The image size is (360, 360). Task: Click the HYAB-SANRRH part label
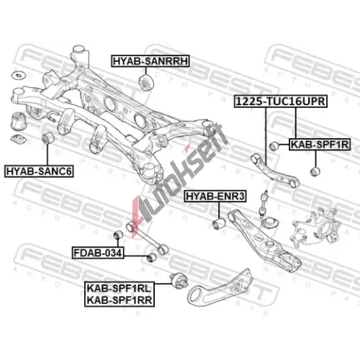[150, 61]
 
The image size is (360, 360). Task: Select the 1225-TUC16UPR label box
[281, 101]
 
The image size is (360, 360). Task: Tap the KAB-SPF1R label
[320, 145]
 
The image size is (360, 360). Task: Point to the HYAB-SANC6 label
[39, 171]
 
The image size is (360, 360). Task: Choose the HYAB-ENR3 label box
[215, 197]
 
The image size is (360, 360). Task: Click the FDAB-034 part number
[98, 253]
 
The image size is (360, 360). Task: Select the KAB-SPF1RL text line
[119, 288]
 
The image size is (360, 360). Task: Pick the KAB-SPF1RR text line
[120, 300]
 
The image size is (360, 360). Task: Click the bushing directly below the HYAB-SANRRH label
[146, 82]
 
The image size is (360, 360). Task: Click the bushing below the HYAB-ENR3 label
[219, 223]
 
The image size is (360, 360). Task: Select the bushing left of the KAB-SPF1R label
[274, 145]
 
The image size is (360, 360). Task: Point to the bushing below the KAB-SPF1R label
[315, 171]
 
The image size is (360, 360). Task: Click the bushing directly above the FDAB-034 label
[118, 235]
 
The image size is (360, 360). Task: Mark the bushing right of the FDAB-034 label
[151, 257]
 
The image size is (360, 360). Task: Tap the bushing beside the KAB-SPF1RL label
[179, 281]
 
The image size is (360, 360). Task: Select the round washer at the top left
[19, 75]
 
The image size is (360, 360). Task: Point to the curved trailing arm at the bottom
[220, 289]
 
